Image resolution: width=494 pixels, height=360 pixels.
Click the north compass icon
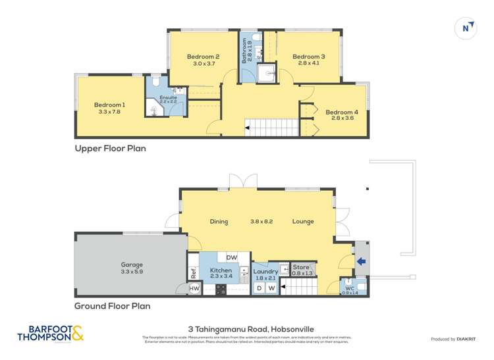[x=466, y=28]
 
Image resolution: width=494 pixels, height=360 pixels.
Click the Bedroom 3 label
[x=308, y=57]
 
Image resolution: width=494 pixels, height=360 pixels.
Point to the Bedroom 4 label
[x=341, y=111]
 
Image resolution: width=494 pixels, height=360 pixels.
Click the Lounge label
[x=303, y=221]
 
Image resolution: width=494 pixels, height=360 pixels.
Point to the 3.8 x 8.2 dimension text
[x=261, y=221]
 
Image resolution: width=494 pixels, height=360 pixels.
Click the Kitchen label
[x=220, y=271]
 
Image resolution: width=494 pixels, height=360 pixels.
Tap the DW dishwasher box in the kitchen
[x=232, y=257]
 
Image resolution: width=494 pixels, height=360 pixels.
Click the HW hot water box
[x=194, y=288]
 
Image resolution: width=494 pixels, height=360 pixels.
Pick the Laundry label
[x=265, y=271]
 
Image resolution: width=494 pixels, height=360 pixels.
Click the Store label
[x=301, y=267]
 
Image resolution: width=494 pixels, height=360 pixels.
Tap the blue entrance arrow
[x=360, y=261]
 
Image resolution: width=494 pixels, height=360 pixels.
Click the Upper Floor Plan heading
[x=110, y=149]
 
